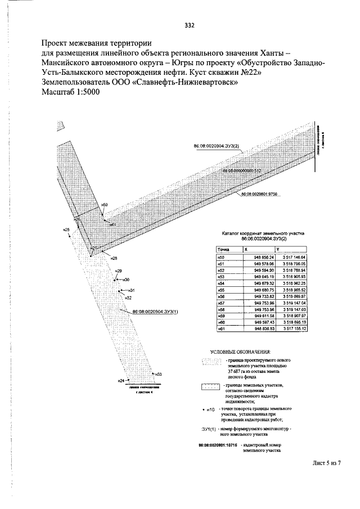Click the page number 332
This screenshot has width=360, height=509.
[x=190, y=25]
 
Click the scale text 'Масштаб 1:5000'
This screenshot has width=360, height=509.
[x=70, y=93]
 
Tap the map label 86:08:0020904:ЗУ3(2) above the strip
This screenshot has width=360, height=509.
[x=217, y=146]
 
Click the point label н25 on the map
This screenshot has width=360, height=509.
[x=66, y=229]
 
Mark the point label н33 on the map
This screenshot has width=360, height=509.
[x=159, y=374]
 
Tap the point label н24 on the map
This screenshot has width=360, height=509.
[x=120, y=381]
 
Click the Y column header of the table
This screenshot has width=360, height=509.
[x=277, y=249]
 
